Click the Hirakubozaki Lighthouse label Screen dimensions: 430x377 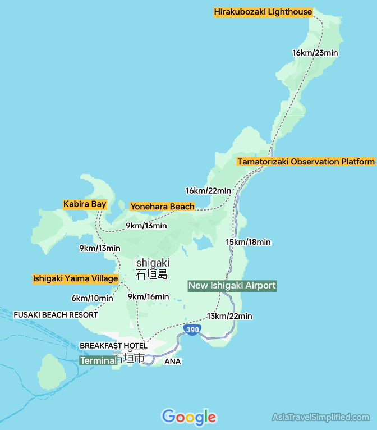tap(263, 12)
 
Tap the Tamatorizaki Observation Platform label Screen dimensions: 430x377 tap(306, 162)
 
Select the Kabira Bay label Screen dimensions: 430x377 tap(85, 204)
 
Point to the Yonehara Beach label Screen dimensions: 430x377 tap(162, 207)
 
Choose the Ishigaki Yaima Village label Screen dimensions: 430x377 tap(75, 278)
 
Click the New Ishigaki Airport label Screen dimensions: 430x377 tap(232, 286)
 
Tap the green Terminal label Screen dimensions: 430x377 tap(98, 360)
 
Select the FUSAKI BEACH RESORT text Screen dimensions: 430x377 tap(56, 315)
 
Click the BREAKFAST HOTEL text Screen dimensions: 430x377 tap(113, 346)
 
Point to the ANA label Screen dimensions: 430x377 tap(172, 362)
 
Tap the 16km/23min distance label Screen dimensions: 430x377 tap(315, 53)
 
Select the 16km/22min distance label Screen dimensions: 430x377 tap(208, 191)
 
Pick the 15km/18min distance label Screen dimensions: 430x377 tap(248, 242)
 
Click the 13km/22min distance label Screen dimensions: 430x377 tap(229, 316)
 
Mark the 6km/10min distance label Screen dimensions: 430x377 tap(92, 298)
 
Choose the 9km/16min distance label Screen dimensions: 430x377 tap(148, 296)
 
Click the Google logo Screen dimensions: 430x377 tap(188, 417)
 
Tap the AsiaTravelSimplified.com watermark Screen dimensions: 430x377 tap(320, 417)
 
